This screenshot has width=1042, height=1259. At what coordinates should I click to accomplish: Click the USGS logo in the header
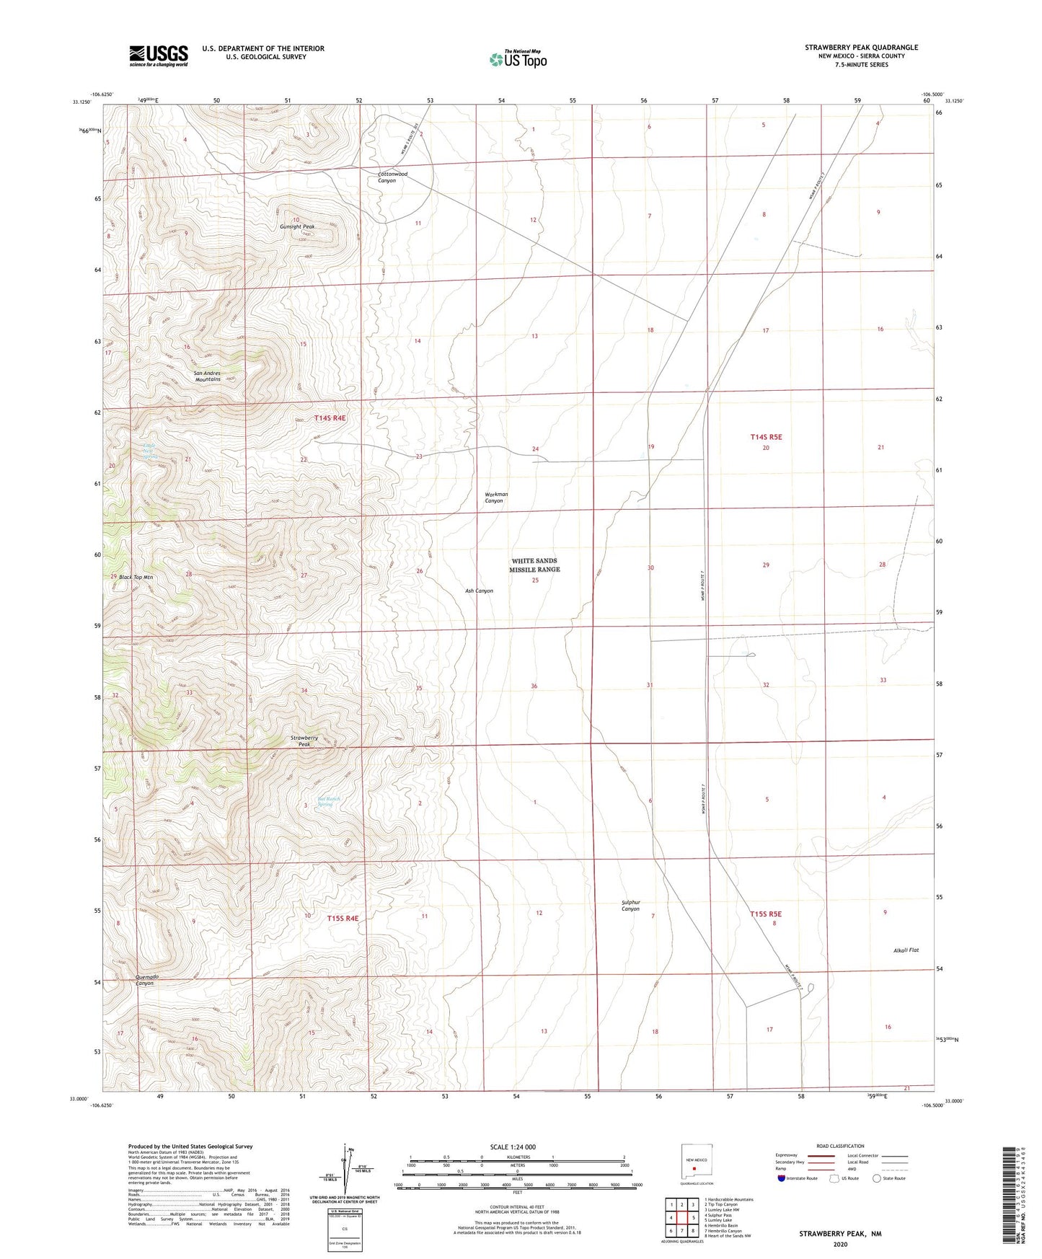tap(158, 56)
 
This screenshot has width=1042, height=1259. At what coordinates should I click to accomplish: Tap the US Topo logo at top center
tap(518, 58)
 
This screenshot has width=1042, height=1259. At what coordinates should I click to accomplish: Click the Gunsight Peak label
tap(297, 226)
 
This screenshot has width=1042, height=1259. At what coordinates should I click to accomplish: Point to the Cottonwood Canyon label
tap(392, 177)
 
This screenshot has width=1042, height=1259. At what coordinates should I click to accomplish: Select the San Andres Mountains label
tap(207, 376)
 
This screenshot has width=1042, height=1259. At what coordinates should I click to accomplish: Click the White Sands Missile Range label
tap(535, 565)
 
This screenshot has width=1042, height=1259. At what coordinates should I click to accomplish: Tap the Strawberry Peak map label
tap(304, 741)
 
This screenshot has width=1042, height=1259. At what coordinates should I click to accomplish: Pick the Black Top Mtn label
tap(136, 577)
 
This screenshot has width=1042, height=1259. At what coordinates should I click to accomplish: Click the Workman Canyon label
tap(495, 498)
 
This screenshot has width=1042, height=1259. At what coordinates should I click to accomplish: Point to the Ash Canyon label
tap(479, 591)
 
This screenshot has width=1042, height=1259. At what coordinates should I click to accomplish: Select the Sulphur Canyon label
tap(630, 906)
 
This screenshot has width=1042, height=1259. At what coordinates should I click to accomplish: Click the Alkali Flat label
tap(905, 950)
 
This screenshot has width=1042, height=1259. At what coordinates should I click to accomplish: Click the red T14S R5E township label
tap(766, 436)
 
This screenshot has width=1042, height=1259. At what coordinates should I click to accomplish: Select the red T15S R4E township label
tap(342, 918)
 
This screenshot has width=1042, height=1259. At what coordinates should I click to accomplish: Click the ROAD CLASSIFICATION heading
tap(840, 1146)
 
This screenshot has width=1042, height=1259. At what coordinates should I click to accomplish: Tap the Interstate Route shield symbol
tap(782, 1178)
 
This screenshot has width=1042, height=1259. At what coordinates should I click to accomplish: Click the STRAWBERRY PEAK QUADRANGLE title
tap(861, 47)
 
